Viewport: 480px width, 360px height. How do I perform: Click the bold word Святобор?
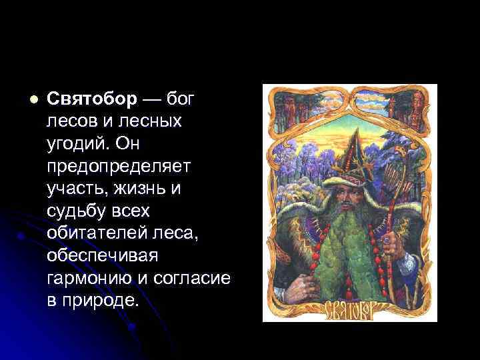[x=93, y=99]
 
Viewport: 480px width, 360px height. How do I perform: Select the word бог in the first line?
[x=180, y=99]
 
